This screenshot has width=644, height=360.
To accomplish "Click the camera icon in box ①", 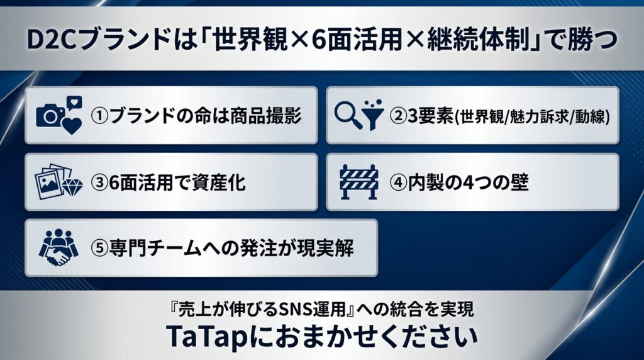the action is click(x=50, y=115).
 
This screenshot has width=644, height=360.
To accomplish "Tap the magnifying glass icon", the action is click(x=348, y=115).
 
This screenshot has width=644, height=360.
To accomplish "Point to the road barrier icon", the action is click(x=359, y=182).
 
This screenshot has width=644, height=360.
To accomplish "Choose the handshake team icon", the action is click(x=58, y=247).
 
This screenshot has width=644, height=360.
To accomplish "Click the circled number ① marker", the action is click(x=99, y=116).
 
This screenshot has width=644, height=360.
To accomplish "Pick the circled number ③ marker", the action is click(x=99, y=183).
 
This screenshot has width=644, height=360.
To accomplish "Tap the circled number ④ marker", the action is click(x=398, y=183).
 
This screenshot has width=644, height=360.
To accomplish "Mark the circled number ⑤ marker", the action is click(x=99, y=249).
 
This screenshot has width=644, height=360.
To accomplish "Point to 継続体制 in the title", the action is click(x=478, y=40).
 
